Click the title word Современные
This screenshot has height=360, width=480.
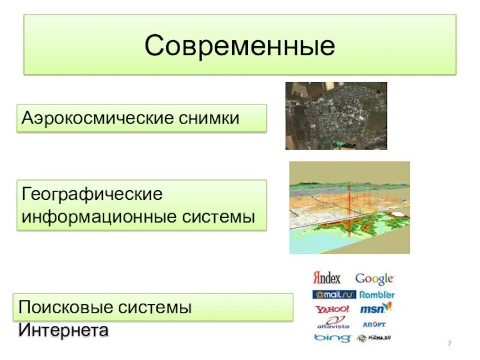pos(239,46)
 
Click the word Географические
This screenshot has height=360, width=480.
pos(92,195)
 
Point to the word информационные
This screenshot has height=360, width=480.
pos(99,216)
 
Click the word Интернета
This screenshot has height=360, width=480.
pos(64,329)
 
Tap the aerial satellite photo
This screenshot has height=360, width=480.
pos(336,116)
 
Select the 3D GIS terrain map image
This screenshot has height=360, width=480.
pos(349,207)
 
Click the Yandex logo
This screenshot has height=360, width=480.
pos(327,278)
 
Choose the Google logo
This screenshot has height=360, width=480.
pos(374,278)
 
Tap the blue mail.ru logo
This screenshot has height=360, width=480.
pos(334,295)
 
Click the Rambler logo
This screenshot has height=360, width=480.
pos(377,295)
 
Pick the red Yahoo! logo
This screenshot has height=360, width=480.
pos(332,310)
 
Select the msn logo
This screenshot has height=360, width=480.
pos(376,309)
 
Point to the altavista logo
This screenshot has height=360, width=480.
pos(332,323)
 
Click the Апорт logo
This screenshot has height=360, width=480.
pos(374,324)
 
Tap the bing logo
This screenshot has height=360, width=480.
pos(332,338)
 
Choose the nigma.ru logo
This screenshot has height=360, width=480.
pos(376,338)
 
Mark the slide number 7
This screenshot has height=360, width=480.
pos(449,343)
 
